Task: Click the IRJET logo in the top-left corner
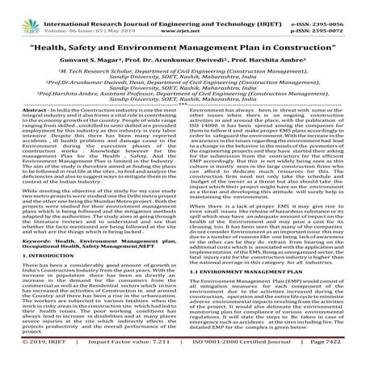23,14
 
